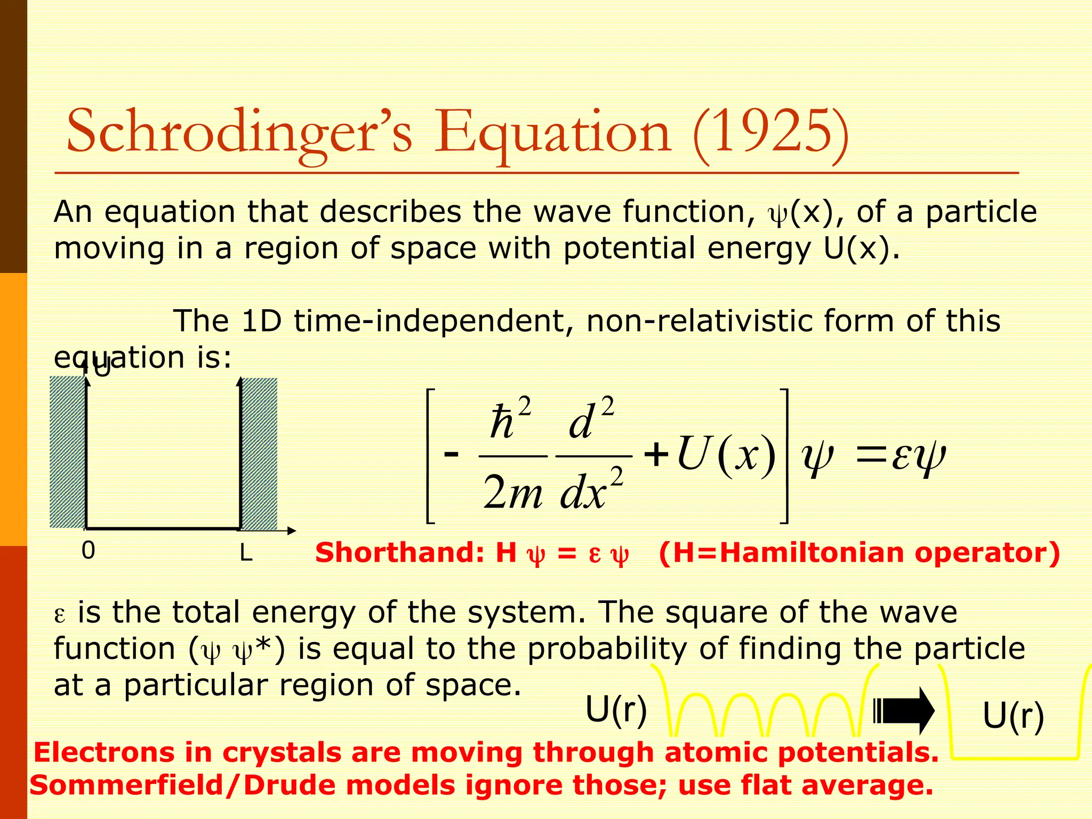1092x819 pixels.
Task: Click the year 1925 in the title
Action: pos(771,132)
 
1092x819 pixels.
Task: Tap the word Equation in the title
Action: pos(552,133)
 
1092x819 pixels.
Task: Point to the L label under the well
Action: pos(245,553)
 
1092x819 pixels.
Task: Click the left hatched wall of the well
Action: pos(67,452)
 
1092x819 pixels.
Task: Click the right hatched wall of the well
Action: pos(259,453)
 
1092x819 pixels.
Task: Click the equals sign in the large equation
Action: pos(872,457)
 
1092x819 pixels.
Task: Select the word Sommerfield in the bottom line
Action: pos(126,785)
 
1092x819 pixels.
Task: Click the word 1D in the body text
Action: pos(261,322)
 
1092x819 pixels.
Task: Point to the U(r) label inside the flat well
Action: pos(1013,716)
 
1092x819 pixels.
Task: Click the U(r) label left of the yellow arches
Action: pos(616,710)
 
